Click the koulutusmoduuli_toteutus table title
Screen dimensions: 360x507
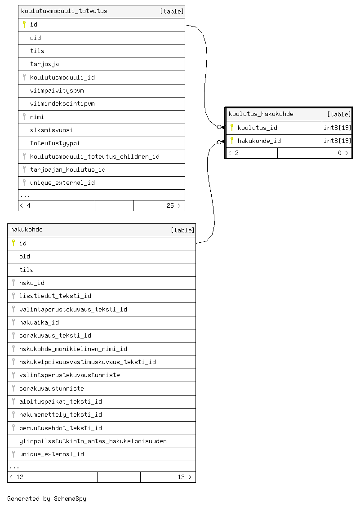click(64, 11)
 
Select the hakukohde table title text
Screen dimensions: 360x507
click(27, 230)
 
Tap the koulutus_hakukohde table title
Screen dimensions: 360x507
click(261, 114)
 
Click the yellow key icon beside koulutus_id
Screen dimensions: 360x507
click(232, 127)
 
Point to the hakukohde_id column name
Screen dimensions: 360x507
click(259, 141)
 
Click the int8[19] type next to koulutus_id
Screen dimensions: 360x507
click(338, 128)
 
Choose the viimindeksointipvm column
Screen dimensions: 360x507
click(62, 103)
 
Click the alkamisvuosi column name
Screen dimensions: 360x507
click(51, 130)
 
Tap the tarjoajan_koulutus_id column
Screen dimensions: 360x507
click(68, 169)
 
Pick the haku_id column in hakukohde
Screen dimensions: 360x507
click(32, 283)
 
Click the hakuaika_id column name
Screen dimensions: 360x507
click(39, 322)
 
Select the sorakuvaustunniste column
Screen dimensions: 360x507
click(52, 388)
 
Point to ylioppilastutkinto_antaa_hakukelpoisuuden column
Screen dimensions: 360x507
click(93, 441)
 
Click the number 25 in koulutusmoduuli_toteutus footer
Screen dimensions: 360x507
click(170, 205)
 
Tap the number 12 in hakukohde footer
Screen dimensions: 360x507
click(20, 477)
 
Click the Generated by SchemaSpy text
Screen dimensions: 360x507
click(47, 498)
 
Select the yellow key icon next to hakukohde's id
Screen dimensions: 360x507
click(13, 243)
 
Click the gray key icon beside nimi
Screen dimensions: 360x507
click(24, 116)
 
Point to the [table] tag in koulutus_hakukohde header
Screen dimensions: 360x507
click(339, 114)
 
